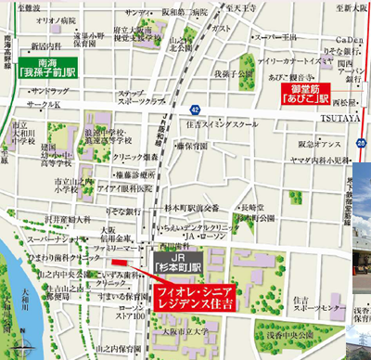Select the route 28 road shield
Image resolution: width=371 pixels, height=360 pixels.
[362, 141]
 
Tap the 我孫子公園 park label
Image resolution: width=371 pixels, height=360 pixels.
[234, 72]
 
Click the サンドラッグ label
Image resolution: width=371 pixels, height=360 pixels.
[48, 92]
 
